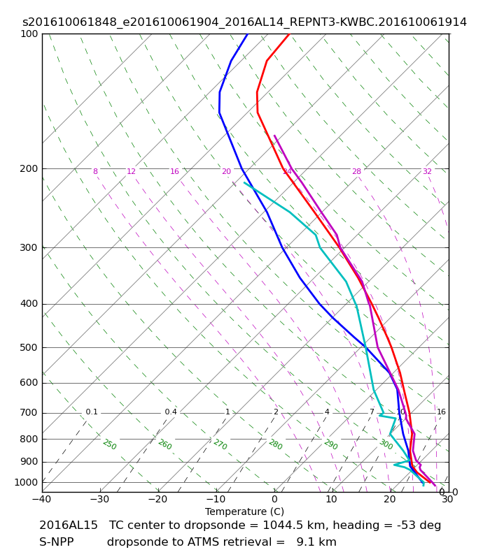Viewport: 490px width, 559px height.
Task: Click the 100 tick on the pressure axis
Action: (x=29, y=34)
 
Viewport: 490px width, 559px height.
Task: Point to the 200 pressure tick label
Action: (x=29, y=168)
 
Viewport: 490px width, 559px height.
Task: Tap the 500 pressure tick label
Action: (x=29, y=347)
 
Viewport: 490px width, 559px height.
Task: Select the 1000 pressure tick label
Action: (x=27, y=482)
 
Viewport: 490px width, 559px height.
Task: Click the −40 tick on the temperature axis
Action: (x=42, y=500)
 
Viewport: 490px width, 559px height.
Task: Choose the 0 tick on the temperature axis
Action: (x=274, y=500)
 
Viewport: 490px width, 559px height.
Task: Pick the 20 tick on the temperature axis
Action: (x=389, y=500)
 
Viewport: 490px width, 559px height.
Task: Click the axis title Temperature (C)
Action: (x=244, y=511)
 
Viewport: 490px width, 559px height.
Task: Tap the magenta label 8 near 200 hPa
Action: (x=95, y=172)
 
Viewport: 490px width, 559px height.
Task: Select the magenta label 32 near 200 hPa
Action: (x=427, y=172)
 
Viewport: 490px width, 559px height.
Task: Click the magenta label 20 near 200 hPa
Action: (x=226, y=172)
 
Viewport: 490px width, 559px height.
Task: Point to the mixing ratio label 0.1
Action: (x=92, y=412)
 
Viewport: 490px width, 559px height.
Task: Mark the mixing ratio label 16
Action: (x=441, y=412)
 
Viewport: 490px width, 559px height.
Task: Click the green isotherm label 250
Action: (x=109, y=444)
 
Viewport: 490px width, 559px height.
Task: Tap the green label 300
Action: (x=386, y=444)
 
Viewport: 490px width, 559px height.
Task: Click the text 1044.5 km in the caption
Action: (x=300, y=525)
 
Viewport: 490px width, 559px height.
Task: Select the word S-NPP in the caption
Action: (x=56, y=542)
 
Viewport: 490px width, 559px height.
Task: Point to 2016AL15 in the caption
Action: (x=69, y=525)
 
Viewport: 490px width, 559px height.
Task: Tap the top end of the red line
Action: (x=289, y=34)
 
